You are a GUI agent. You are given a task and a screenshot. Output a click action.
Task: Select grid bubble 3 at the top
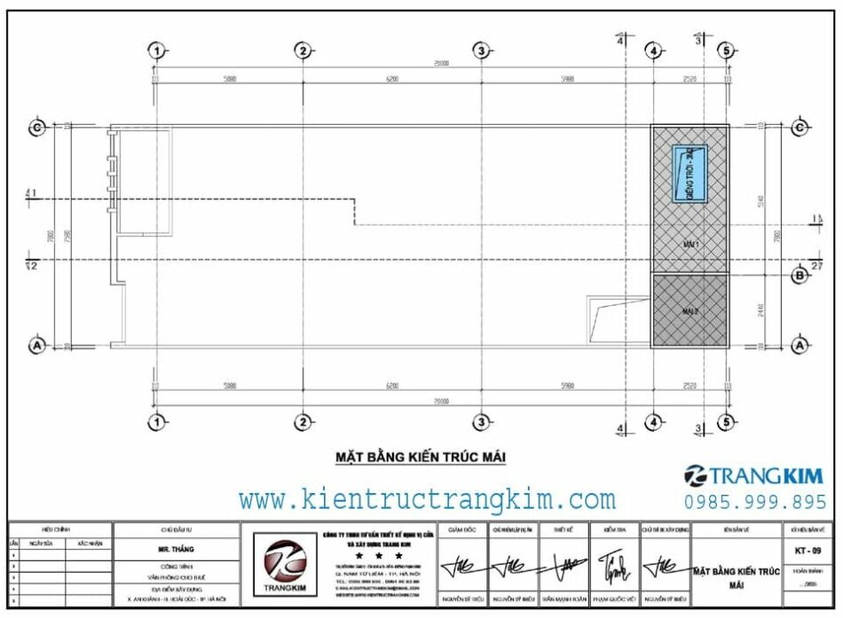(x=480, y=51)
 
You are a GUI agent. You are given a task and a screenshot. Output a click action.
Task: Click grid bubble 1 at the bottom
(x=156, y=421)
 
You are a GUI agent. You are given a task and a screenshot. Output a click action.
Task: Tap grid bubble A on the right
(x=799, y=345)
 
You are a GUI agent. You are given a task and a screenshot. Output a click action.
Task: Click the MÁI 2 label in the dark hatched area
(x=690, y=311)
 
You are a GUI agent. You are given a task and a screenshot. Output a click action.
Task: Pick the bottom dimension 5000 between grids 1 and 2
(x=230, y=386)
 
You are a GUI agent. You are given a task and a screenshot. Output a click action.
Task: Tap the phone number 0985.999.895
(x=756, y=502)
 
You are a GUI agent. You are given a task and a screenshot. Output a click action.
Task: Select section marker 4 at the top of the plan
(x=620, y=39)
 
